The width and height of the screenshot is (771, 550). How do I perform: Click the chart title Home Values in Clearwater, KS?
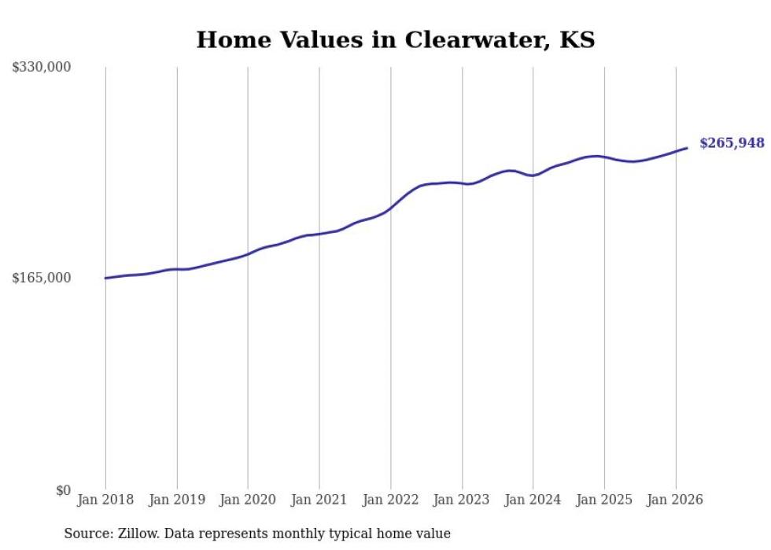tap(395, 39)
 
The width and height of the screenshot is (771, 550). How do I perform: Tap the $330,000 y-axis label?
tap(41, 68)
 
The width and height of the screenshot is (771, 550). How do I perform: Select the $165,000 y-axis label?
tap(41, 278)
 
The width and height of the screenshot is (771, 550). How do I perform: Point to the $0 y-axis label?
tap(63, 490)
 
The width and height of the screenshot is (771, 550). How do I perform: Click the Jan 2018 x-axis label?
tap(105, 500)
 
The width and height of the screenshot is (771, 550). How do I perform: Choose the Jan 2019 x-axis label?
tap(176, 500)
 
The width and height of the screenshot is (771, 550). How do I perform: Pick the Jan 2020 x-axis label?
tap(248, 500)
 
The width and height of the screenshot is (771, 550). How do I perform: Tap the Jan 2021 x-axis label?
tap(319, 500)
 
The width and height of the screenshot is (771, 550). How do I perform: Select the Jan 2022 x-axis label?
tap(390, 500)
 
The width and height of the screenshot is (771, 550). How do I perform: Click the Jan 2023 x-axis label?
tap(462, 500)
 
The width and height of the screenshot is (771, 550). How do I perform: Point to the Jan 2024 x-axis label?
tap(533, 500)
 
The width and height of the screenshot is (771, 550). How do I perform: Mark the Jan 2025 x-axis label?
tap(604, 500)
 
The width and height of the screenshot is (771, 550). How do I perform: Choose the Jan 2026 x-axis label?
tap(675, 500)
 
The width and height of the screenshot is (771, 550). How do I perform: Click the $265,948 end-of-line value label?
tap(732, 143)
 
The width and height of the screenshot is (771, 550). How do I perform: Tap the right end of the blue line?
tap(687, 148)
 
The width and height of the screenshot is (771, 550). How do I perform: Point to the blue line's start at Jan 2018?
tap(105, 278)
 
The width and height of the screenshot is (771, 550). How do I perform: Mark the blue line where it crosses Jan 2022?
tap(390, 208)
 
